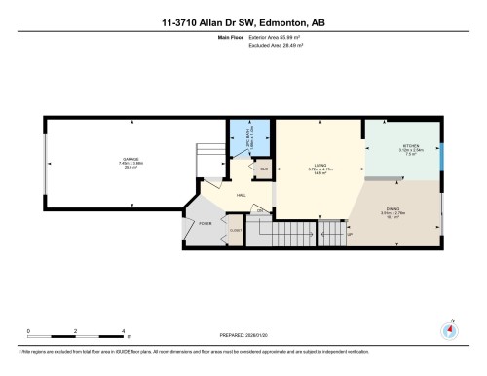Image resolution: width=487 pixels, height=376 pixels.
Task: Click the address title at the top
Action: pyautogui.click(x=243, y=21)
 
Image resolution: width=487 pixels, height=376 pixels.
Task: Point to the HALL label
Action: pyautogui.click(x=240, y=195)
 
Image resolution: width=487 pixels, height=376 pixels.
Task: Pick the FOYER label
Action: pyautogui.click(x=206, y=223)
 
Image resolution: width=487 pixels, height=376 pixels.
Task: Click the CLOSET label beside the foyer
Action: pyautogui.click(x=235, y=231)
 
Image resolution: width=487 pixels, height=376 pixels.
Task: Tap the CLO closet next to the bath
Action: pyautogui.click(x=263, y=169)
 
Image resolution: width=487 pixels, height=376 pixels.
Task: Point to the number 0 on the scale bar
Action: pyautogui.click(x=29, y=331)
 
